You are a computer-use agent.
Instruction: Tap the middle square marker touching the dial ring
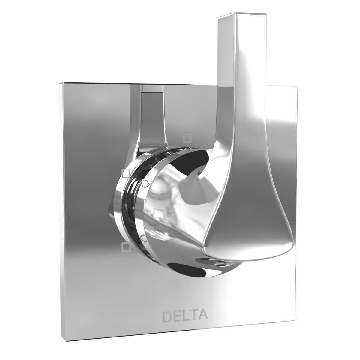(126, 173)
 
